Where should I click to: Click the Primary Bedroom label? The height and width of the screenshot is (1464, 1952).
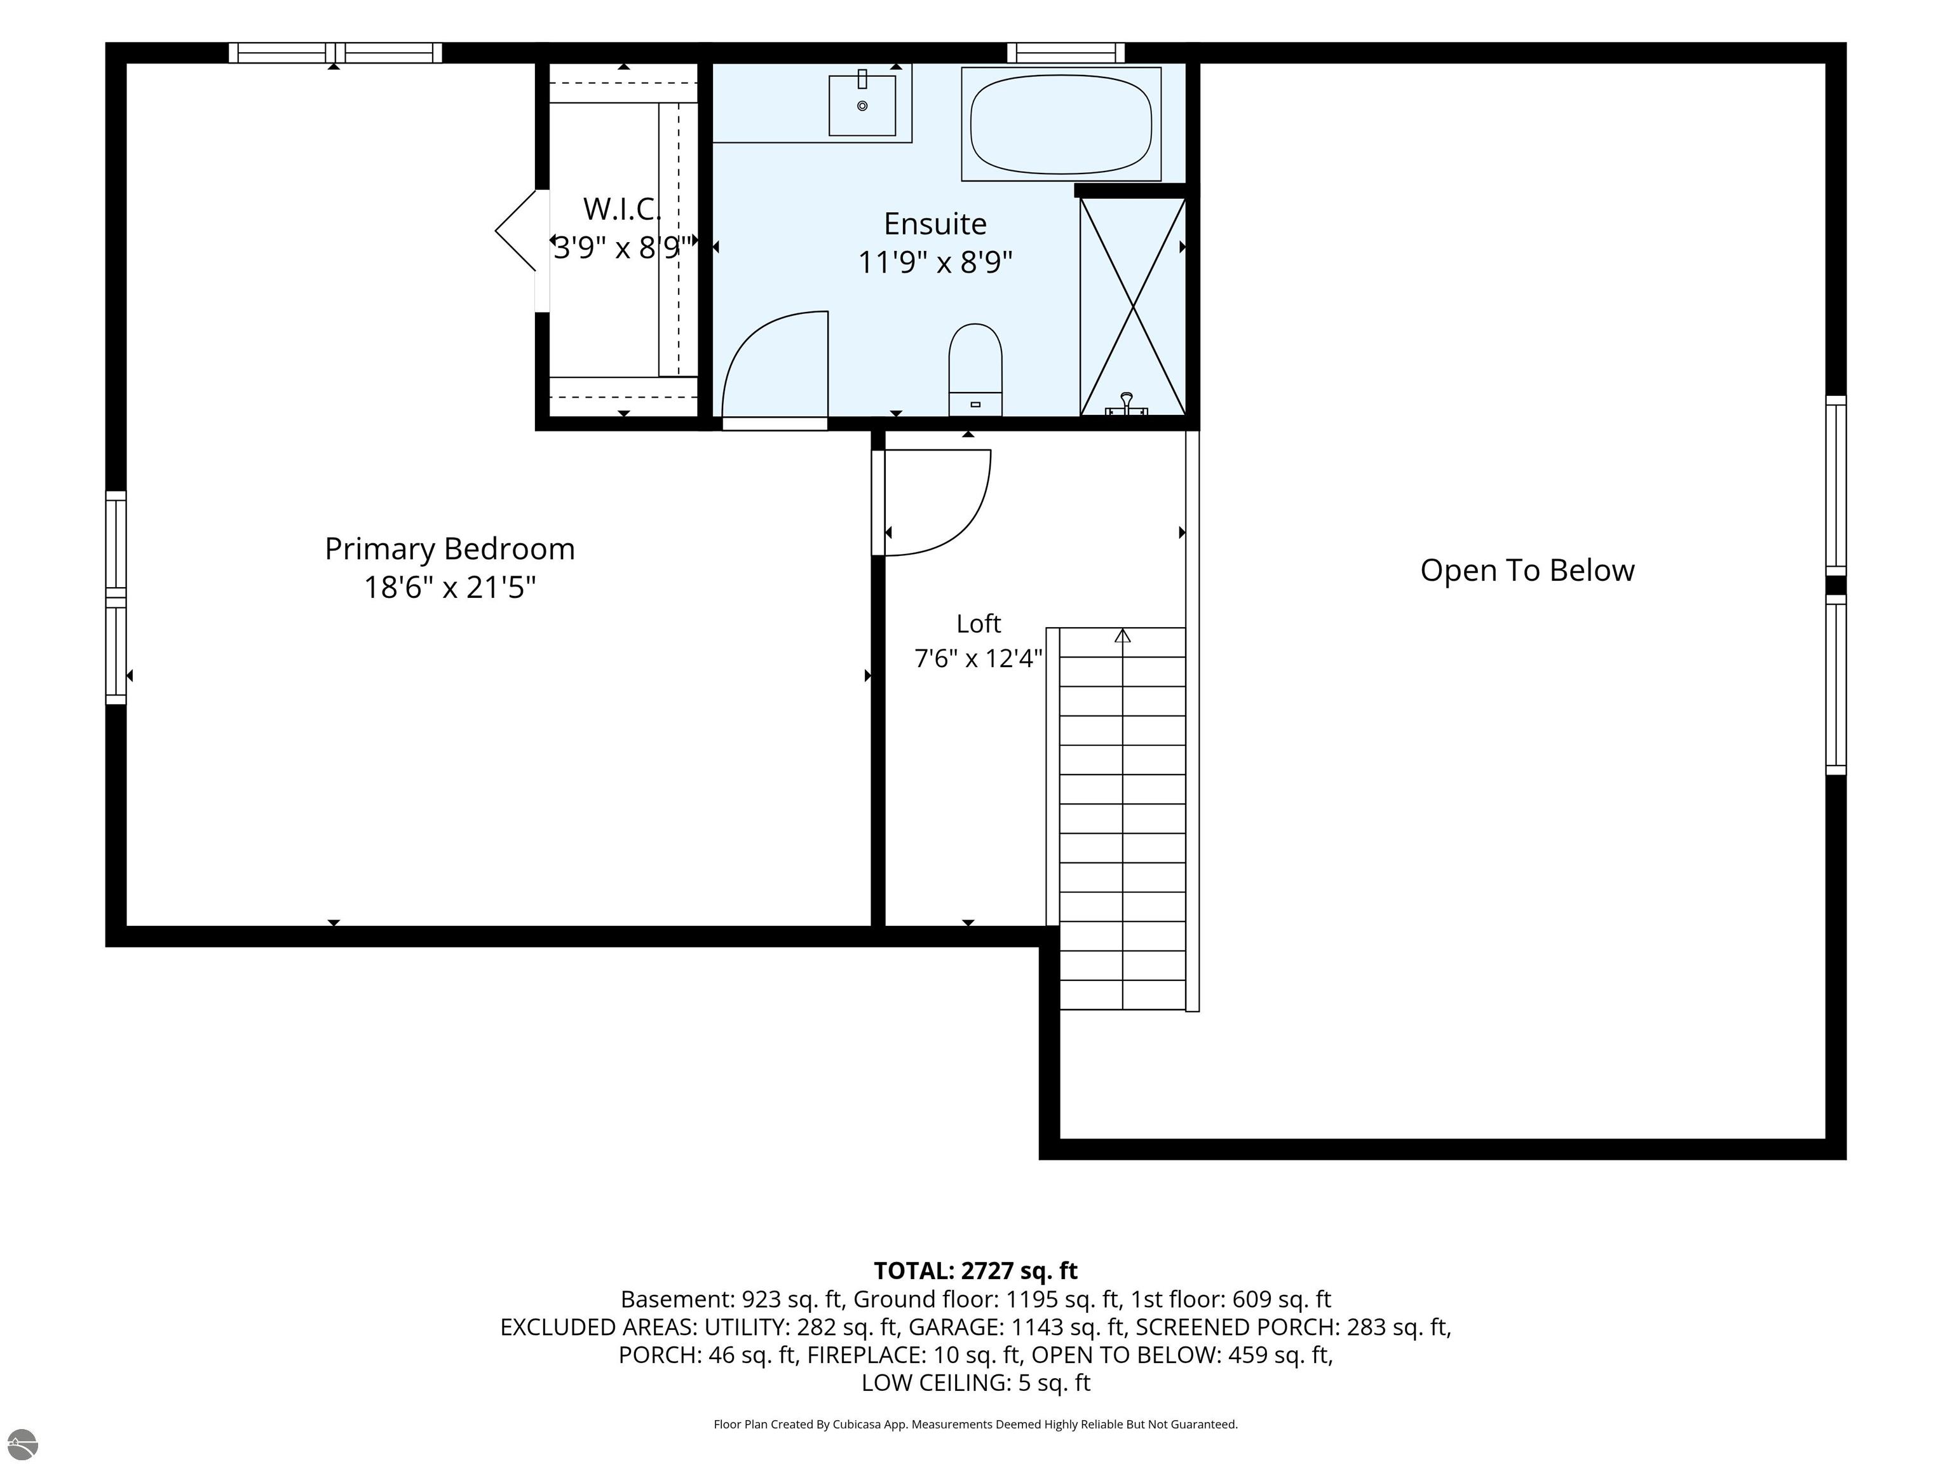449,549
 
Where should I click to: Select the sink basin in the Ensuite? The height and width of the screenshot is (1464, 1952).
862,105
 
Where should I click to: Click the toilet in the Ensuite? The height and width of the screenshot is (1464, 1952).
975,370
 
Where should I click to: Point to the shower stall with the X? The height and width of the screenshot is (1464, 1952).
1133,306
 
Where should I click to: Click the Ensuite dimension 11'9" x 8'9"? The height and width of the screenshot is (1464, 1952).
935,262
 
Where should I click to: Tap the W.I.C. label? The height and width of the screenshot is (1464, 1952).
621,209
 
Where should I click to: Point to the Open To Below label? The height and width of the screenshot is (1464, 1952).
1527,570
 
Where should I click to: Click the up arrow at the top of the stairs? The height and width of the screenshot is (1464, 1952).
1123,635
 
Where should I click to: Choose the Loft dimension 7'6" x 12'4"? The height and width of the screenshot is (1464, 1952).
979,658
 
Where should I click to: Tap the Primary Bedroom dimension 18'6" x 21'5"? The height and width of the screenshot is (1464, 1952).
450,587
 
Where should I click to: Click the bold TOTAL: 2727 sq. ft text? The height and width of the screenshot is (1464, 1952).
975,1271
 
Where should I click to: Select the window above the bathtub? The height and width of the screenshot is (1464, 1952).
1066,53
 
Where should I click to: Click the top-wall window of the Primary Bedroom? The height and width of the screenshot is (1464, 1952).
335,53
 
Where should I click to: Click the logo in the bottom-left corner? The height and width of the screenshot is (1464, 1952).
22,1444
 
